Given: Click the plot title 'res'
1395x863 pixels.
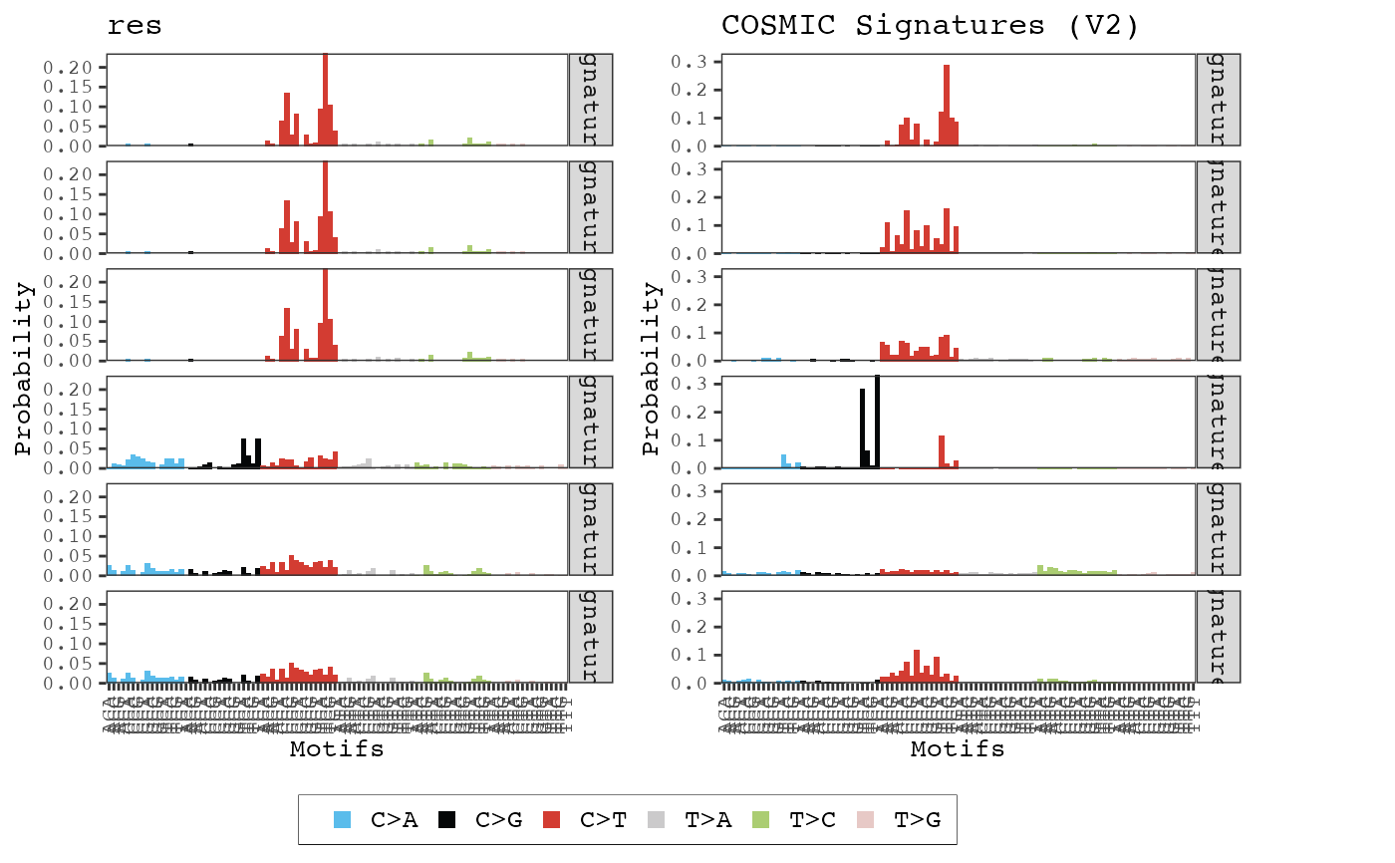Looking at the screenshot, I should pos(135,26).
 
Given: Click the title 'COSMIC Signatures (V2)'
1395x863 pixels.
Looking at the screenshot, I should pos(930,26).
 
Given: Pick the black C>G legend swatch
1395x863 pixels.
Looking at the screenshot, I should pos(448,820).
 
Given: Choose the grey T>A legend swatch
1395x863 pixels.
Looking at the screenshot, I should pos(657,820).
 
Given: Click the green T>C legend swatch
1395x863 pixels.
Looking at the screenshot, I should pos(761,820).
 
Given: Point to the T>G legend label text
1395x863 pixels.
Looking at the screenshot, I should pos(917,820).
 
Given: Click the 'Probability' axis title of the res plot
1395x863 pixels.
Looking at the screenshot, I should pos(24,369).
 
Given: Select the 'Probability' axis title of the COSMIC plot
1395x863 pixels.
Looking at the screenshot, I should pos(651,369).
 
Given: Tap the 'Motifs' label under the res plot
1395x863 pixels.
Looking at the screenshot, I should pos(336,749).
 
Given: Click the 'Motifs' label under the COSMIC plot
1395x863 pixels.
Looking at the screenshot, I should pos(958,749).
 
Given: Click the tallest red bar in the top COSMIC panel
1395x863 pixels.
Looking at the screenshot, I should pos(946,106).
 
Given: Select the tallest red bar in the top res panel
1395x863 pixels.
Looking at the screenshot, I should pos(325,100).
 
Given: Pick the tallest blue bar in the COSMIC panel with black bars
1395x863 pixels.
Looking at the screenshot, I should pos(783,461).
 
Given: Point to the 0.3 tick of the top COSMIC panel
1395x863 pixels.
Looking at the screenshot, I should pos(693,62).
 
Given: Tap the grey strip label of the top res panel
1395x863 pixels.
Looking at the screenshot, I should pos(590,100).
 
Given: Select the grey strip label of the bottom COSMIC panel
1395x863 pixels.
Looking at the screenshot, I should pos(1217,637).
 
